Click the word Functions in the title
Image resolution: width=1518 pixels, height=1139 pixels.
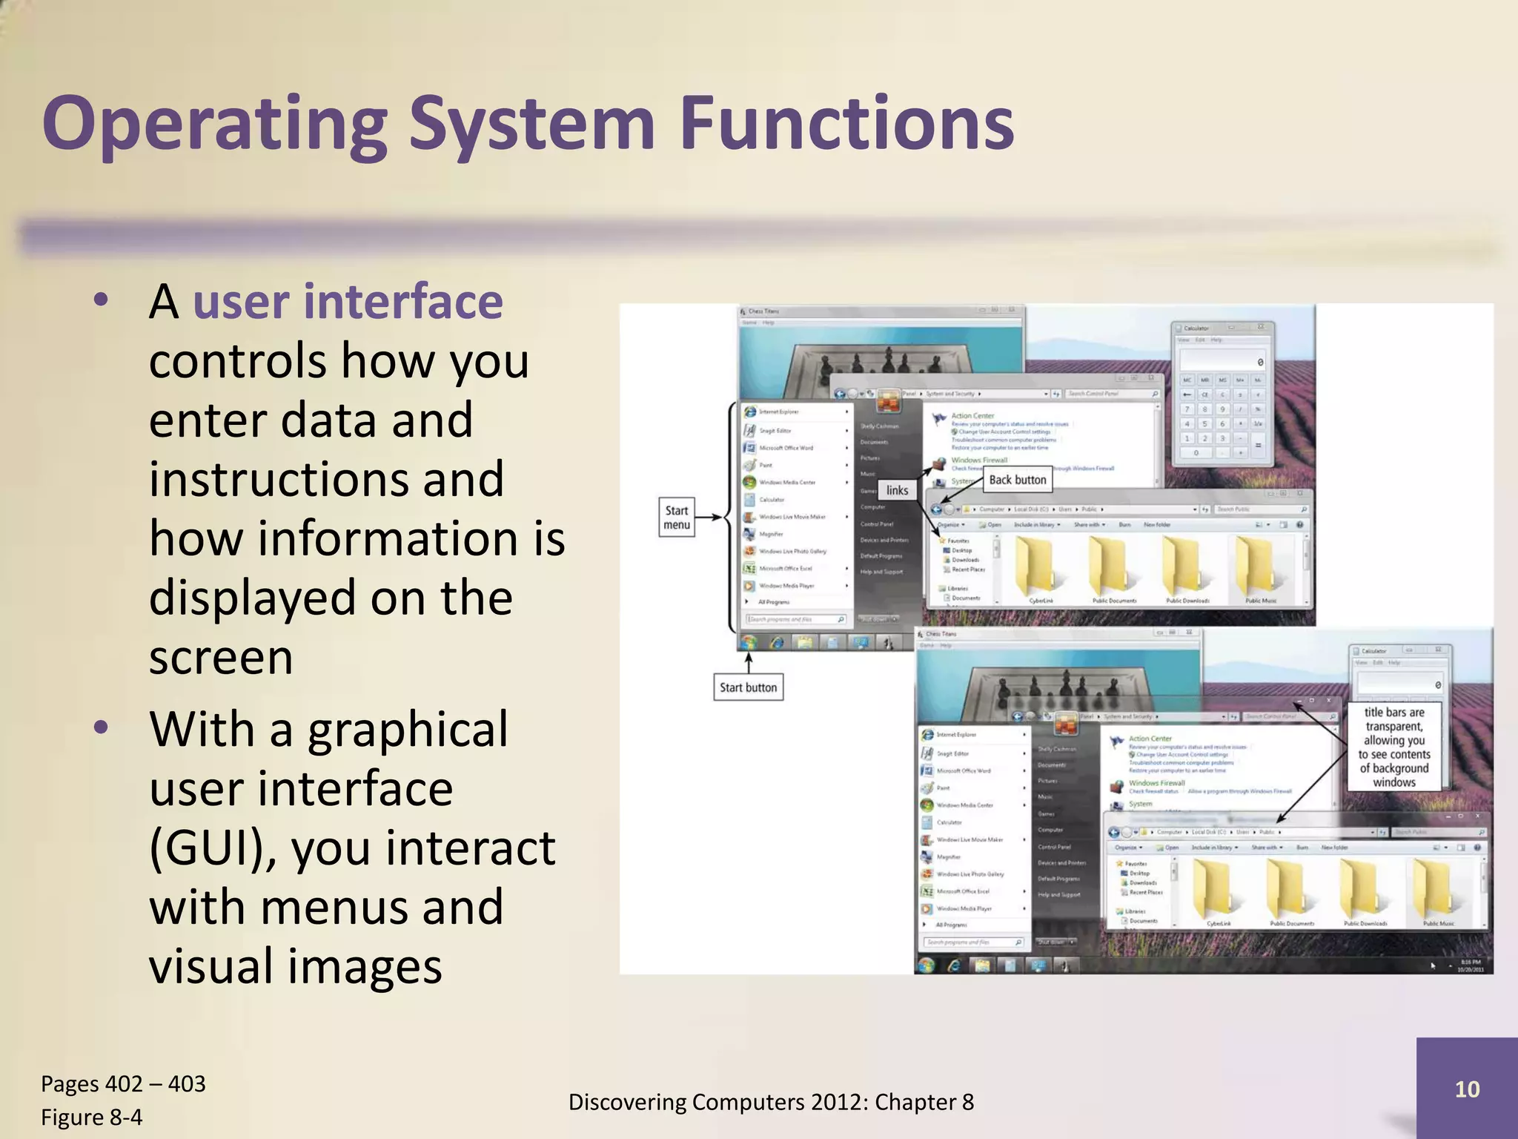pos(846,122)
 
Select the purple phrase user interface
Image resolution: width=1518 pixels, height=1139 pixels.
pos(348,302)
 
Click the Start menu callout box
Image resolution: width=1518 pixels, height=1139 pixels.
pos(676,518)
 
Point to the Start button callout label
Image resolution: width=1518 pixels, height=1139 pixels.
pos(748,687)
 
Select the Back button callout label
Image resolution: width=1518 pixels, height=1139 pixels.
pos(1018,480)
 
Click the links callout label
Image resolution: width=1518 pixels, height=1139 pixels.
pos(897,490)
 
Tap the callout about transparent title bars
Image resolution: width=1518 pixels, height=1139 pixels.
pos(1393,747)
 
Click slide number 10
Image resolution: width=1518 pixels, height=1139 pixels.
pos(1467,1089)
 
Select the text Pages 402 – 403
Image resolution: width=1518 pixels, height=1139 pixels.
pos(123,1083)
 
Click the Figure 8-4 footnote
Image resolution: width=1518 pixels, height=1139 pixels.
pos(92,1117)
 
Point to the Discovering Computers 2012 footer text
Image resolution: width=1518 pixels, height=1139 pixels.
pos(771,1102)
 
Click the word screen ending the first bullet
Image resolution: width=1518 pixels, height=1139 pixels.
pos(221,657)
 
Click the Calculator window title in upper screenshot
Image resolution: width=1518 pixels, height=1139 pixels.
pos(1196,328)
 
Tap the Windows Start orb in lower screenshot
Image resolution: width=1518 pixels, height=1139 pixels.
pos(926,965)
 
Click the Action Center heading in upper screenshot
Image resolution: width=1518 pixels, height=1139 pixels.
pos(972,416)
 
